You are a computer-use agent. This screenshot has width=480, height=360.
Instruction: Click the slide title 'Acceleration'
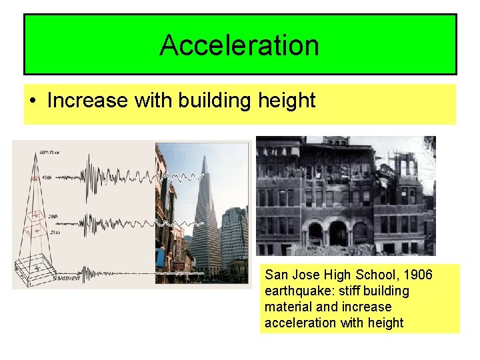pyautogui.click(x=239, y=45)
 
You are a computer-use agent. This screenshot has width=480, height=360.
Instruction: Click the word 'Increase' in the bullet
pyautogui.click(x=87, y=101)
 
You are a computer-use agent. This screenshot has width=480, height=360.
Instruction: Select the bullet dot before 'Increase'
pyautogui.click(x=33, y=101)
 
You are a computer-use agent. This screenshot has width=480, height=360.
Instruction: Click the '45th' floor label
pyautogui.click(x=46, y=177)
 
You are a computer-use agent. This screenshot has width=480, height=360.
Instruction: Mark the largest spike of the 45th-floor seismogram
pyautogui.click(x=89, y=175)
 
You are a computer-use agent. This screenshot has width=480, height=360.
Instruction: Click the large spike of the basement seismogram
pyautogui.click(x=83, y=273)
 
